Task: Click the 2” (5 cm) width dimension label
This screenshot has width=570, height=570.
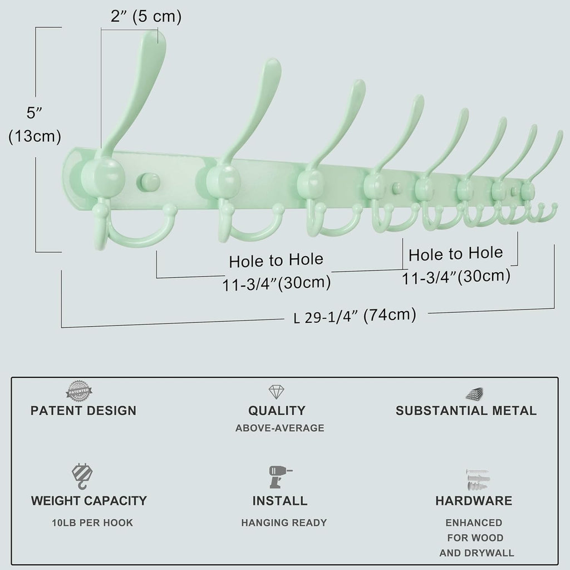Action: (146, 16)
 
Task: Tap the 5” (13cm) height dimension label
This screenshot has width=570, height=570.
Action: (35, 125)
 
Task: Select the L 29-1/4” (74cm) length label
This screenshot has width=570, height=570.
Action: (355, 316)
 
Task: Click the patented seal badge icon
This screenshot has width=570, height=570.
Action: (79, 391)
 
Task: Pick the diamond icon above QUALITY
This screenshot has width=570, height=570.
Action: (276, 392)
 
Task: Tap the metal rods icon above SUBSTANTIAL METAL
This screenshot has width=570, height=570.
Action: (474, 394)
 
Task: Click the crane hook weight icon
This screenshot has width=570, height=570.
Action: (82, 476)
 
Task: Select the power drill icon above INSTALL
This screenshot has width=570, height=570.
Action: (280, 476)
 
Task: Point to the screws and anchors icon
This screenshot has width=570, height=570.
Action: (478, 480)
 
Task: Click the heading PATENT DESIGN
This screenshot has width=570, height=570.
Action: (83, 411)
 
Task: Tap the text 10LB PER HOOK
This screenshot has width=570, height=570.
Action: (92, 523)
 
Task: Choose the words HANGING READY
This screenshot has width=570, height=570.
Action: (284, 523)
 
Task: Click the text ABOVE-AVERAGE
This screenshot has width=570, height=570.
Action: (279, 428)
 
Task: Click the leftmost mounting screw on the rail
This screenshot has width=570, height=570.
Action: (148, 182)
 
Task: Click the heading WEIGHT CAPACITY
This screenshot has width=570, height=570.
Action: (89, 500)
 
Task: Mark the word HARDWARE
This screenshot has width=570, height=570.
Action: (474, 500)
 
